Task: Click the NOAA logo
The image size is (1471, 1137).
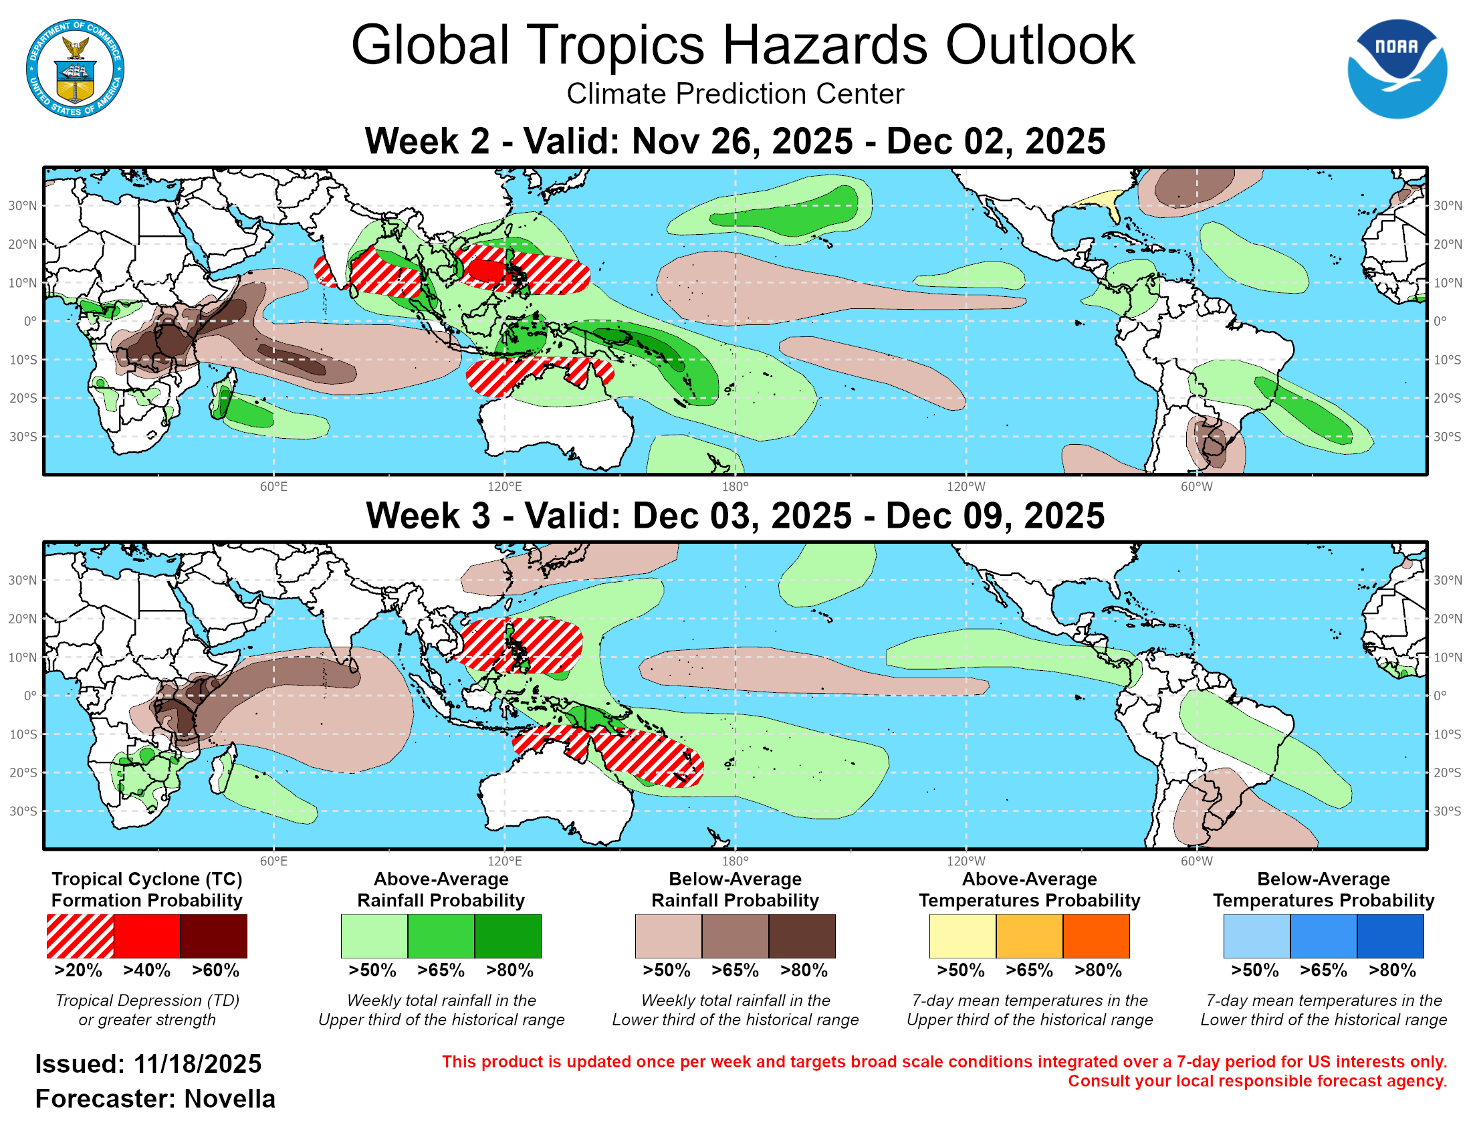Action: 1396,69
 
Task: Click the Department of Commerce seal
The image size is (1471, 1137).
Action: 75,69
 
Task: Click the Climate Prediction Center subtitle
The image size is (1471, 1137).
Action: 735,94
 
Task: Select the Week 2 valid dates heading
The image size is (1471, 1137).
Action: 735,141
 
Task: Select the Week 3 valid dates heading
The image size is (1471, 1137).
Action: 735,516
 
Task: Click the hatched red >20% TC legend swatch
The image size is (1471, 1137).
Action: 80,936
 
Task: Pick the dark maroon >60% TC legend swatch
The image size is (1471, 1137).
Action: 213,936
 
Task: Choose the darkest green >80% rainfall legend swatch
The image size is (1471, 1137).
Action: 508,936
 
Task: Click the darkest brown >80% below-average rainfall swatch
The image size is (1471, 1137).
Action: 802,936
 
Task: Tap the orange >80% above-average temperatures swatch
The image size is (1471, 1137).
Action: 1096,936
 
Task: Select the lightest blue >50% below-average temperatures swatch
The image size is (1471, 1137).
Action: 1257,936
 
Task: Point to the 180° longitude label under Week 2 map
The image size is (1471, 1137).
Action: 735,487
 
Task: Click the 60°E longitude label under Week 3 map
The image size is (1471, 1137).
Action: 273,861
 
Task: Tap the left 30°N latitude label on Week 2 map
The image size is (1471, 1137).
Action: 22,205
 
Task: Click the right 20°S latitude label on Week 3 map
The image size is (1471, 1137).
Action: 1448,773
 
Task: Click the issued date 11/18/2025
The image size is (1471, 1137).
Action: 197,1065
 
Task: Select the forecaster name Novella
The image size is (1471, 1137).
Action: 229,1100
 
